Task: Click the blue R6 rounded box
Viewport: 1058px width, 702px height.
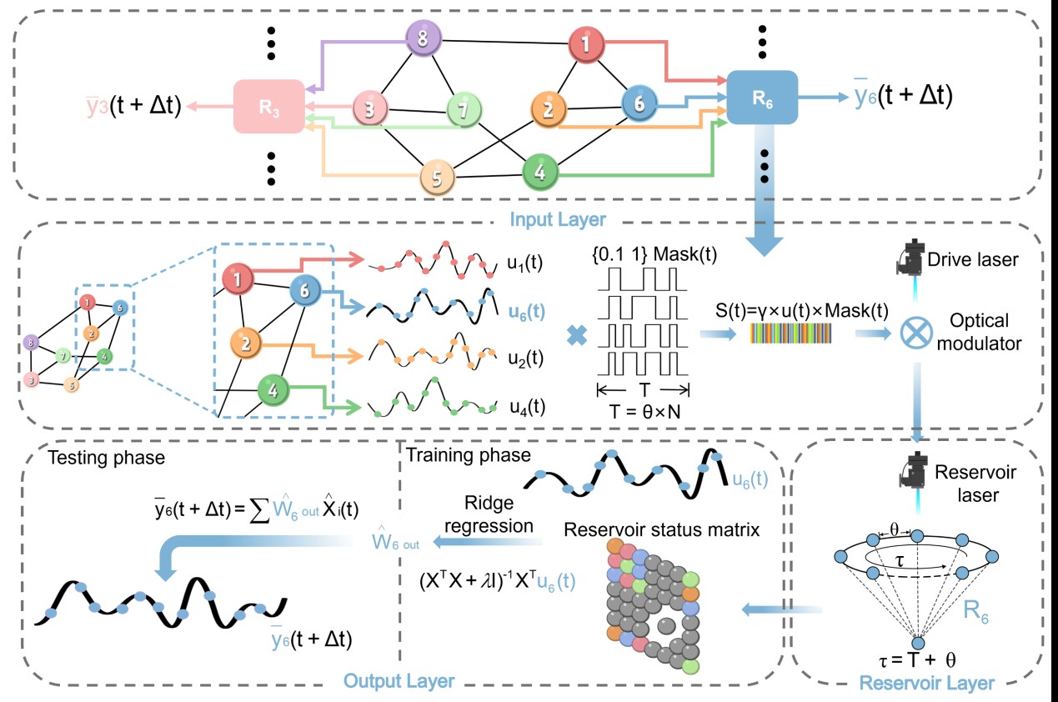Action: tap(762, 98)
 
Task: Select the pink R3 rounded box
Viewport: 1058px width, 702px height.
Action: tap(268, 106)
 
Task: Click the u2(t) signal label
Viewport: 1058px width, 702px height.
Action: tap(525, 358)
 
